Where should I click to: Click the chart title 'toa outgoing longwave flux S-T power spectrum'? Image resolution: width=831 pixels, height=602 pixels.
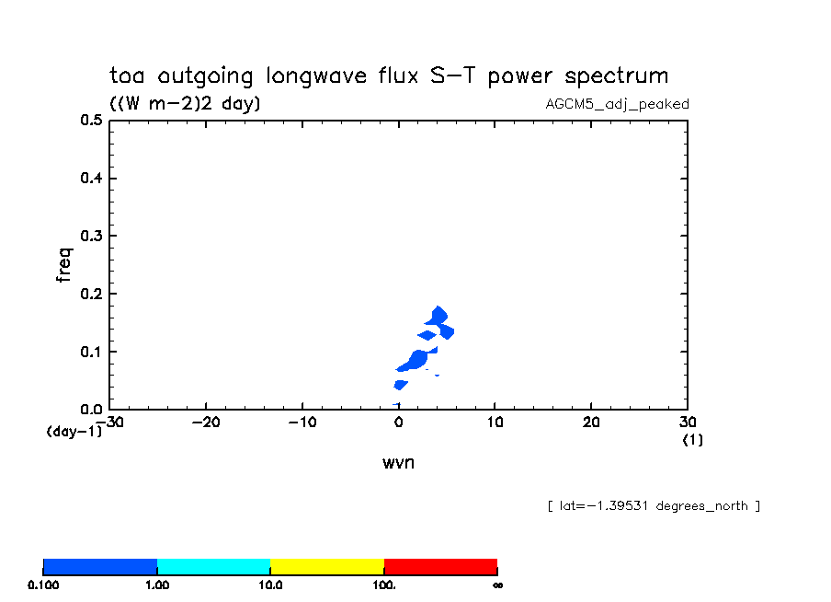389,75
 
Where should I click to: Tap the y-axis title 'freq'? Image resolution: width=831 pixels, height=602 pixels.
63,263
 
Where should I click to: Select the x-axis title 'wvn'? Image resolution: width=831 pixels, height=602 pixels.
398,462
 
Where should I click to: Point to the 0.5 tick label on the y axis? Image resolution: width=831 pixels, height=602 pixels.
90,121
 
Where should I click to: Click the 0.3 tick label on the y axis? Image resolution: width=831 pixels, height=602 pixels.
90,237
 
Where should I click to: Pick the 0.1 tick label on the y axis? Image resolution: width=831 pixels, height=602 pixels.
90,352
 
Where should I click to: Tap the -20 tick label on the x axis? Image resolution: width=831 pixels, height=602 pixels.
205,422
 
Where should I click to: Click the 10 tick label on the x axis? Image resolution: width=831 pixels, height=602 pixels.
495,422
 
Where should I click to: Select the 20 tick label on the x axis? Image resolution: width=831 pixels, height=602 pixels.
591,422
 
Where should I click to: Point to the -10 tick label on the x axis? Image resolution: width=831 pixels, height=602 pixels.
302,422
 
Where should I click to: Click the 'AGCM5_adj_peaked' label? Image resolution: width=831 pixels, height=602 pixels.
617,104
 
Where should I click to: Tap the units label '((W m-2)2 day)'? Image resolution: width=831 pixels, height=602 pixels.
185,104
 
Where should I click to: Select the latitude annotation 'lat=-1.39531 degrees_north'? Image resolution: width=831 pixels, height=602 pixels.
653,505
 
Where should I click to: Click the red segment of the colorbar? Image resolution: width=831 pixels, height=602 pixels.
440,566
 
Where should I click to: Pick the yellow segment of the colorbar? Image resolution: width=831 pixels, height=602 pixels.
326,566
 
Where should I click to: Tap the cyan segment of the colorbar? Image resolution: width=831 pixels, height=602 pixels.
213,566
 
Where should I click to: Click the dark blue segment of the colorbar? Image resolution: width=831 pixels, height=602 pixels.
100,566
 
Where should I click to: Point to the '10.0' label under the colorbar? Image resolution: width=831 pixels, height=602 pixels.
270,585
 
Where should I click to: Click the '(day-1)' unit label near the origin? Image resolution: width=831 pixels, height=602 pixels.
74,431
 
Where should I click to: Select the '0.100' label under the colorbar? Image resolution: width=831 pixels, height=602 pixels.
43,585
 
